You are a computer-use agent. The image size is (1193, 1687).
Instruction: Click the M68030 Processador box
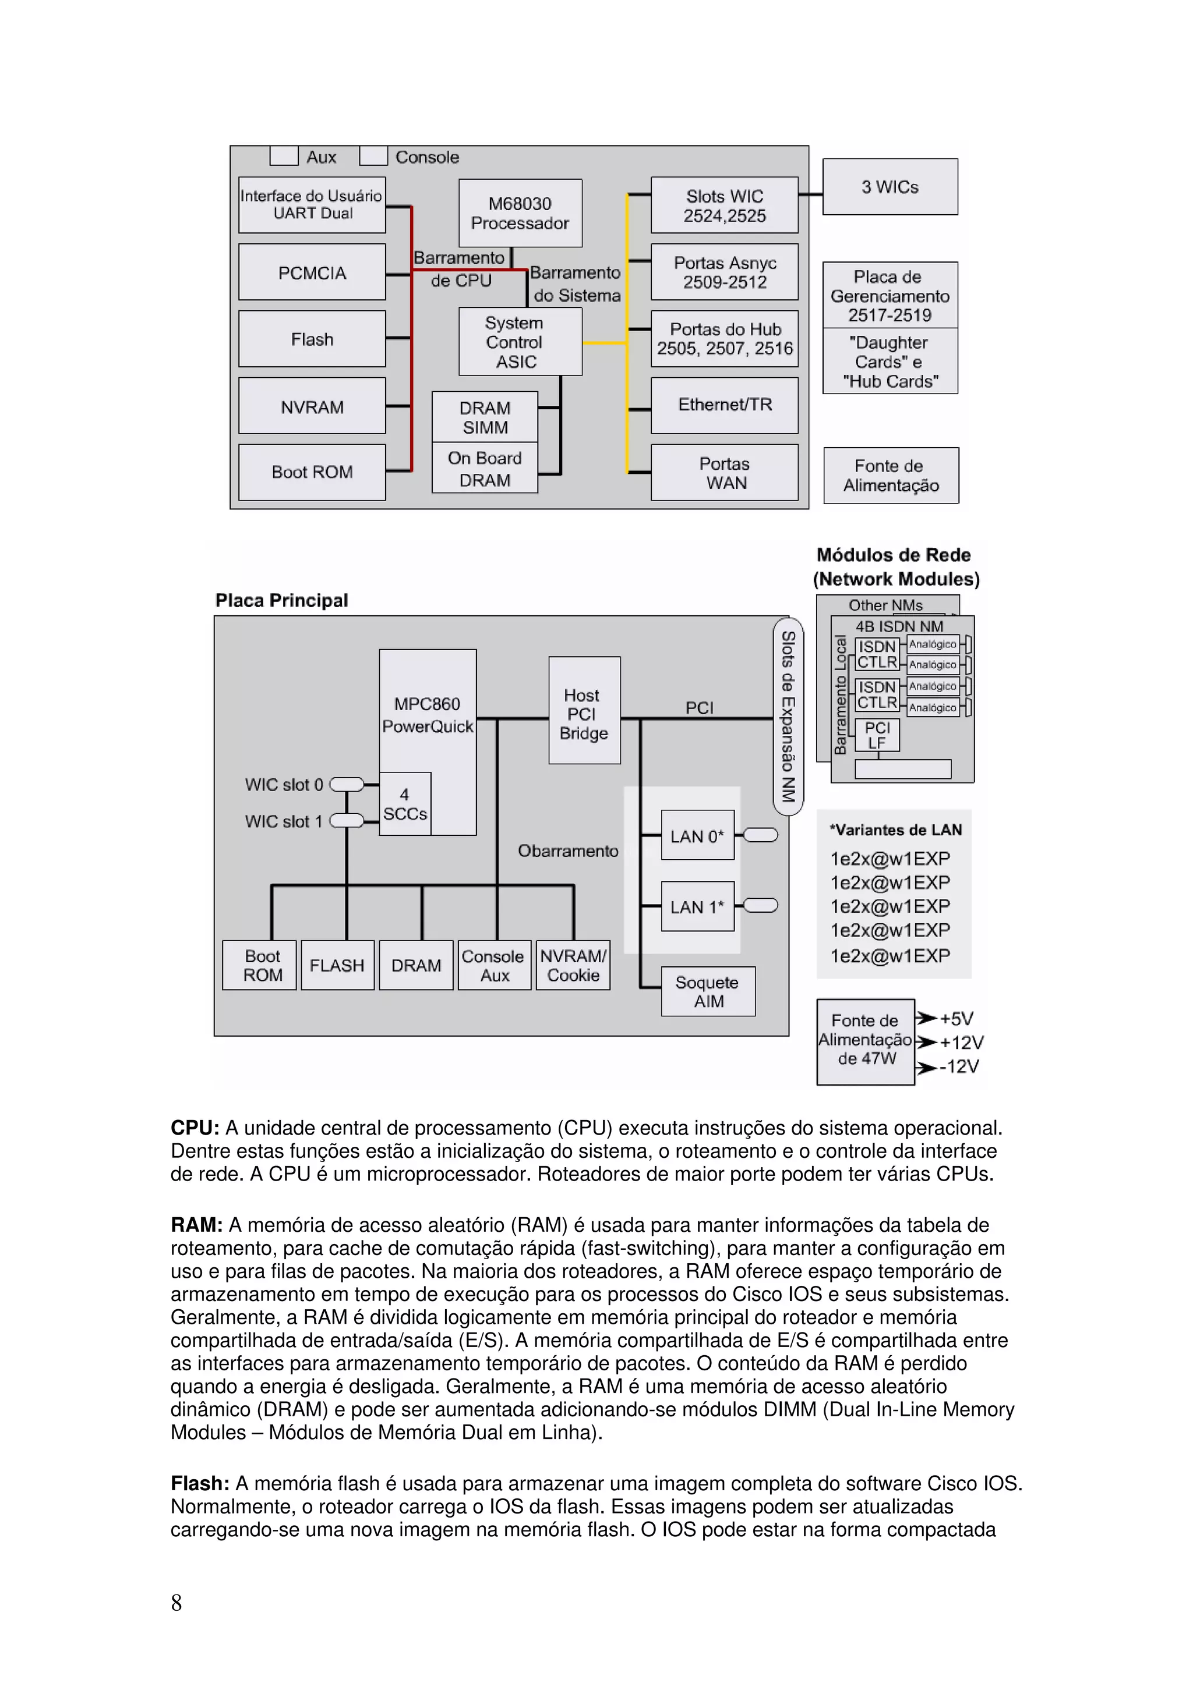(x=520, y=213)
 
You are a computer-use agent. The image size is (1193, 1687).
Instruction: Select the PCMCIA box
(x=312, y=272)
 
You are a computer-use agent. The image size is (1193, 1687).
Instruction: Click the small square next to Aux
(x=284, y=157)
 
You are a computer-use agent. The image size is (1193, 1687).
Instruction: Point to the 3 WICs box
(x=890, y=187)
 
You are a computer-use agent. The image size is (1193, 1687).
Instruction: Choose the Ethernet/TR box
(x=724, y=405)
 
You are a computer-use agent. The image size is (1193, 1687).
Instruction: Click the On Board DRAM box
(x=485, y=468)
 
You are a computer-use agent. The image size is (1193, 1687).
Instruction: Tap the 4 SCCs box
(x=404, y=804)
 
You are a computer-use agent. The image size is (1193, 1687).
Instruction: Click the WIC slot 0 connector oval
(x=347, y=785)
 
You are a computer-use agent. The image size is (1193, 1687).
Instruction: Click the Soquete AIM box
(x=708, y=991)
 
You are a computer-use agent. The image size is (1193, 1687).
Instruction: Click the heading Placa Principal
(x=281, y=600)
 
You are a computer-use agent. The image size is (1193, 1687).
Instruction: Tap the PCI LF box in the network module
(x=877, y=735)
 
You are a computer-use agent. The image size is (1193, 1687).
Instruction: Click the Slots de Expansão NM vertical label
(x=788, y=717)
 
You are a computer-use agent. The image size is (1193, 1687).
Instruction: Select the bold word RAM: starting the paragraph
(x=196, y=1225)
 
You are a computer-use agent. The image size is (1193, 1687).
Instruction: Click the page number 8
(x=177, y=1603)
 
